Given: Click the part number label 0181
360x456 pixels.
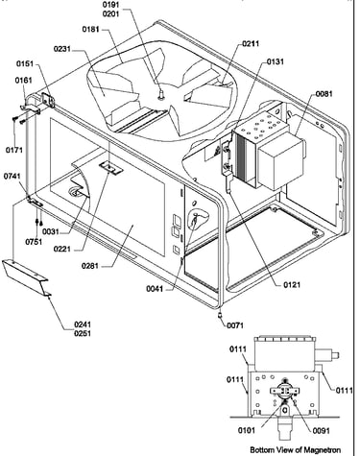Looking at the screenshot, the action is pyautogui.click(x=91, y=30).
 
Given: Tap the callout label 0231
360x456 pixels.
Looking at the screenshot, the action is pyautogui.click(x=62, y=49).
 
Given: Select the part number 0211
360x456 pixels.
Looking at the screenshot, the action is pyautogui.click(x=251, y=44).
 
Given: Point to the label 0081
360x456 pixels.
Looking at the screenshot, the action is pyautogui.click(x=324, y=94).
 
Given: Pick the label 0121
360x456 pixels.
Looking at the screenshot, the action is pyautogui.click(x=292, y=284).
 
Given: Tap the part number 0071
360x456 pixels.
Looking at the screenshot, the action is pyautogui.click(x=235, y=325).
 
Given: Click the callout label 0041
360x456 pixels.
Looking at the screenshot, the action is pyautogui.click(x=155, y=289).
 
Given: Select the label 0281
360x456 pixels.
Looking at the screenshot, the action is pyautogui.click(x=90, y=266).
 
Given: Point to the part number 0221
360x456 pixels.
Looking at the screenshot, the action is pyautogui.click(x=62, y=249).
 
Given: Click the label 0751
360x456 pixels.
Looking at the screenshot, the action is pyautogui.click(x=34, y=242).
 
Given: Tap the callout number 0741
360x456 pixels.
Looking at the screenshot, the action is pyautogui.click(x=12, y=177).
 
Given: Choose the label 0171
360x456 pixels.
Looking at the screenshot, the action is pyautogui.click(x=14, y=150).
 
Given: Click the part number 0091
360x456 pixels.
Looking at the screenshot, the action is pyautogui.click(x=321, y=431).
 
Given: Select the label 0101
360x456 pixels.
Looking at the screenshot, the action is pyautogui.click(x=247, y=430).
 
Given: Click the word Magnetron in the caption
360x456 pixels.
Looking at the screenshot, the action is pyautogui.click(x=322, y=449).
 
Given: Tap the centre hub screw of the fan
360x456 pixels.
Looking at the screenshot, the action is pyautogui.click(x=162, y=94).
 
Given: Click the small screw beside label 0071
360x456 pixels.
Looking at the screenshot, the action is pyautogui.click(x=220, y=316).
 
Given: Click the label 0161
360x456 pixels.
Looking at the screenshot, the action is pyautogui.click(x=24, y=81).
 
